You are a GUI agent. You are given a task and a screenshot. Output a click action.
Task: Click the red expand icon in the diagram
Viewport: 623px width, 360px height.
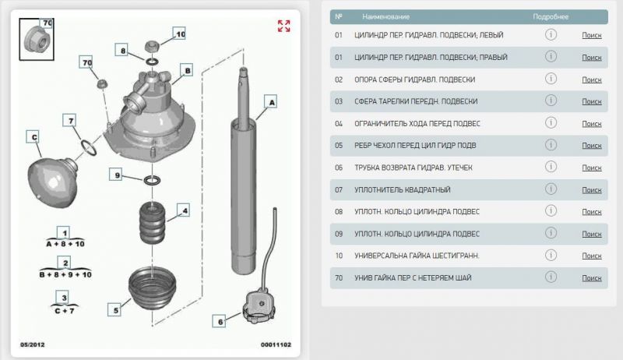click(x=283, y=26)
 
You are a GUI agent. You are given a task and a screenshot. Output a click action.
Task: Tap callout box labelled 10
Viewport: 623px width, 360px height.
click(x=179, y=34)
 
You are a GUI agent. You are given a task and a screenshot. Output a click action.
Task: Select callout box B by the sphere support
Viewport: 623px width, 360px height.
click(x=187, y=70)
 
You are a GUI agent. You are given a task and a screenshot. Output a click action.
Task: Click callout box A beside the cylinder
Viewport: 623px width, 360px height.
click(x=271, y=102)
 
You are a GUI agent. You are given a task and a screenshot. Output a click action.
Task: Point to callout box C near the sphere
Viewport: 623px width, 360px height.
click(x=33, y=137)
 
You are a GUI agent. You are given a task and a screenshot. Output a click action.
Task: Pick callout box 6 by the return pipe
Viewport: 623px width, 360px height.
click(x=220, y=322)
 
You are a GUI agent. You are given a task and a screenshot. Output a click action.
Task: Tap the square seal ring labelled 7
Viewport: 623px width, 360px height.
click(x=89, y=147)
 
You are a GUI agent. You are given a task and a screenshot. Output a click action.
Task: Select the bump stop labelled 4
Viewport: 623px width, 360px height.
click(x=152, y=223)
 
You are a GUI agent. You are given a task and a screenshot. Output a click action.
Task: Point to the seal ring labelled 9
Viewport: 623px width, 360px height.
click(x=152, y=180)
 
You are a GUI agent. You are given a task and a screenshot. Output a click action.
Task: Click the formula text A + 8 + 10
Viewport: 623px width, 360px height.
click(x=65, y=244)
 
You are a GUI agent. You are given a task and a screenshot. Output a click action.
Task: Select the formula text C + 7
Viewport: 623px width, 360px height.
click(x=65, y=311)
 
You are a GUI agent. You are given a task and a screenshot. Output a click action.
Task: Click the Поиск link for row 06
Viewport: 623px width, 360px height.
click(x=592, y=168)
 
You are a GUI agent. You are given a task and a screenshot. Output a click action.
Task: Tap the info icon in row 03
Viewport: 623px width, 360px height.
click(x=551, y=101)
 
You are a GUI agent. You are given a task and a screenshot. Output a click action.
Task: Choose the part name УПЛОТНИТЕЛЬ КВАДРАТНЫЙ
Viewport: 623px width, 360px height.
click(x=403, y=190)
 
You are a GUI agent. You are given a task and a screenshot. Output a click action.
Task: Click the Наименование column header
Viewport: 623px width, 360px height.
click(x=385, y=16)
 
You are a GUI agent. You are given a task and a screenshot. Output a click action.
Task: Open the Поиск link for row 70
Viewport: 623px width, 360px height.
click(x=592, y=278)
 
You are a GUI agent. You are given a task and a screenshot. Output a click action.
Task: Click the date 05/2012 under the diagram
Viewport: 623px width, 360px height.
click(x=33, y=344)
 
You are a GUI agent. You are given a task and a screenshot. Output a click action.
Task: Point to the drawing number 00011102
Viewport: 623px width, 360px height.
click(x=276, y=344)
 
